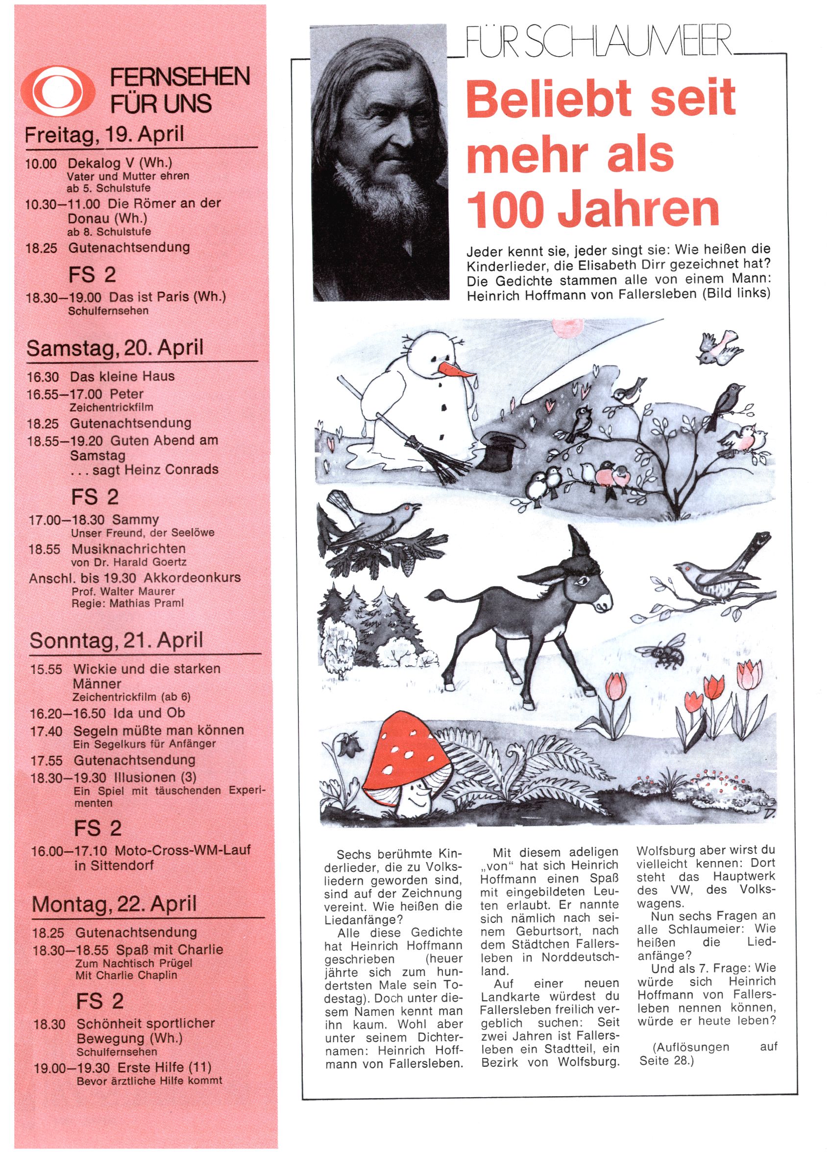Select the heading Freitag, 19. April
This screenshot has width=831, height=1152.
tap(105, 135)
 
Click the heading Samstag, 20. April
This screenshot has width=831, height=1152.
tap(115, 348)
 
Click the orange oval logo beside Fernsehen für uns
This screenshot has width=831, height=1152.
tap(58, 92)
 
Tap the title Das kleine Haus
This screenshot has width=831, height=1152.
tap(122, 376)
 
